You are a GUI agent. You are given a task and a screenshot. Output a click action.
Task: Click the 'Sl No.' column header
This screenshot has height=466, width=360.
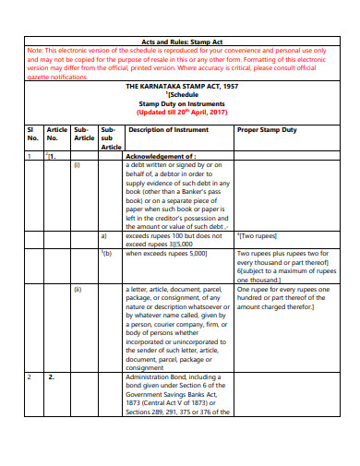(x=32, y=134)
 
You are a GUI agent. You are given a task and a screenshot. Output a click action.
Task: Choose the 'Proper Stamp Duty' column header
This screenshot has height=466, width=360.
(x=269, y=130)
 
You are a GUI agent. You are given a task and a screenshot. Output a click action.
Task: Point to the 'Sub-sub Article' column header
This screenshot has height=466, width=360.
(x=111, y=138)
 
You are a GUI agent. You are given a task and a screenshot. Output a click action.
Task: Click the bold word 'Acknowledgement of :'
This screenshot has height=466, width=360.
(x=161, y=157)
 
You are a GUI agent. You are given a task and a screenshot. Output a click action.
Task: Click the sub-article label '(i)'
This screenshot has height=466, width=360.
(x=78, y=165)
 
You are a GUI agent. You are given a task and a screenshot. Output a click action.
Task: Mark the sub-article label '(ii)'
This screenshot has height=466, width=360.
(x=78, y=289)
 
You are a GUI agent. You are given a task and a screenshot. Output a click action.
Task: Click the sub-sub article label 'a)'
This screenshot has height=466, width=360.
(x=104, y=235)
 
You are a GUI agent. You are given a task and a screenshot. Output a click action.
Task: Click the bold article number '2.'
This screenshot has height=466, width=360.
(x=52, y=376)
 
